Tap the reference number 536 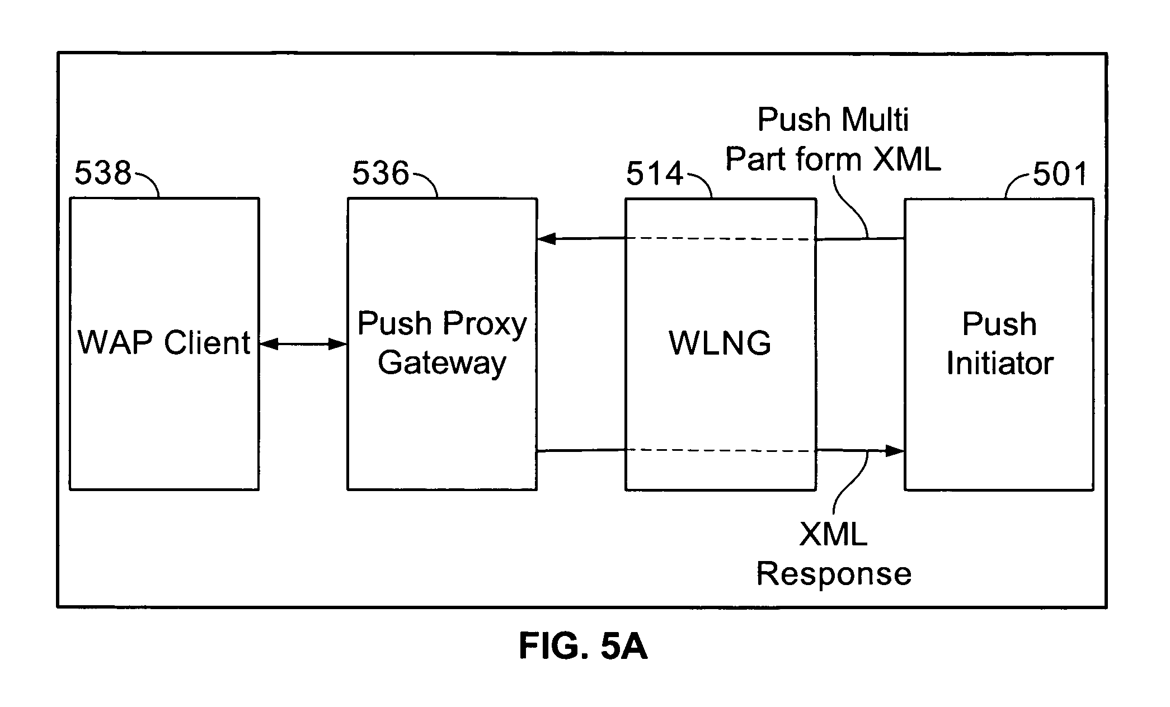[380, 173]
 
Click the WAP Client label [164, 342]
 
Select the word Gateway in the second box [442, 364]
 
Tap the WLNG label [720, 343]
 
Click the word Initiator [999, 364]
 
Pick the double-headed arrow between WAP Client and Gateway [303, 344]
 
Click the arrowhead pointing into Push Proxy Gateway [546, 239]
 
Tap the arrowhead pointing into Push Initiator [896, 450]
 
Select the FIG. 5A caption [583, 647]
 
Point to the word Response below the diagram [834, 574]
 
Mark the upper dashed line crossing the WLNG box [720, 239]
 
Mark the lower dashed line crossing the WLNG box [720, 451]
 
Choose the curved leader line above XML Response [851, 481]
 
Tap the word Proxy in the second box [485, 324]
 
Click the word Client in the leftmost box [207, 342]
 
